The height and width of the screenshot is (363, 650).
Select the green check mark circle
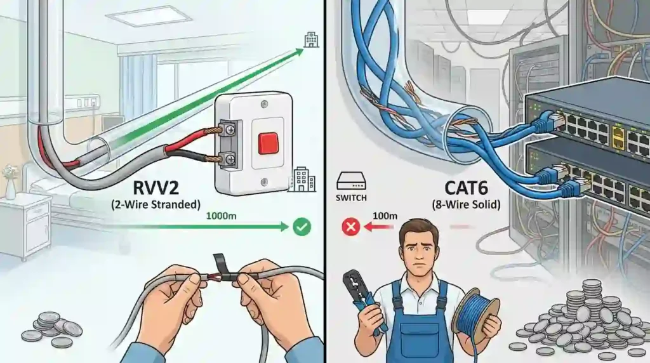point(301,226)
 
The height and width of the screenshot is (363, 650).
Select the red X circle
point(350,226)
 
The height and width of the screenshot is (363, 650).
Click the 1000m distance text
point(222,216)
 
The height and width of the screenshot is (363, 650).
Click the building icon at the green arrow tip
point(310,40)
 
